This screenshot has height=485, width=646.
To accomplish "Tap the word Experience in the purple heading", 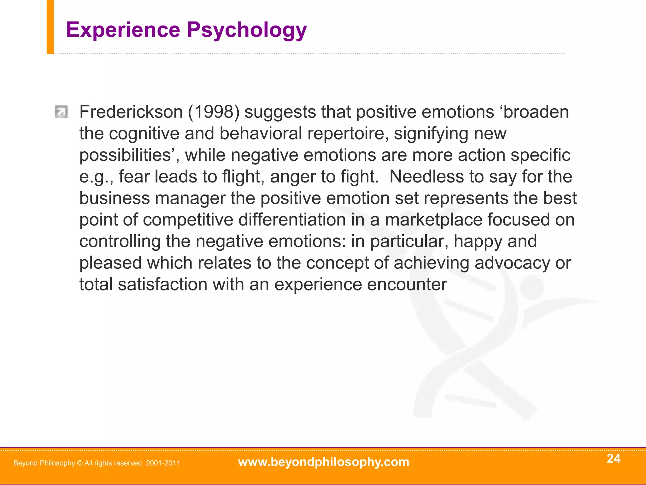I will click(x=123, y=30).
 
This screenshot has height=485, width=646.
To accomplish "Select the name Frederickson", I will click(x=131, y=112).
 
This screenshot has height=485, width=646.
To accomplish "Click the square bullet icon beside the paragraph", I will click(x=61, y=112).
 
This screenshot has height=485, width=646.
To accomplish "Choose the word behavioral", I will click(x=261, y=134).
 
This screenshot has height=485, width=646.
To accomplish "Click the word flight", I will click(x=242, y=177).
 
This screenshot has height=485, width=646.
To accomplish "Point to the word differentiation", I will click(x=292, y=220).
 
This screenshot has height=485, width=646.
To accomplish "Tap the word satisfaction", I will click(x=162, y=284).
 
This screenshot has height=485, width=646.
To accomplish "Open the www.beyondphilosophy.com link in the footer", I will click(x=324, y=462).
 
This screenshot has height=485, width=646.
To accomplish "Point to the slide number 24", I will click(x=614, y=458).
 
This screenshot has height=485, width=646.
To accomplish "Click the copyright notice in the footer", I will click(x=97, y=463).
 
